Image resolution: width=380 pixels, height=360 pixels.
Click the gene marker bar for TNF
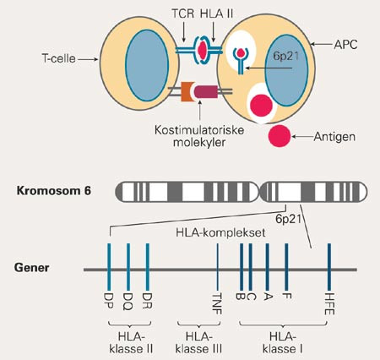218,269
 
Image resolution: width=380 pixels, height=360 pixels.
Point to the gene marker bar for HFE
328,269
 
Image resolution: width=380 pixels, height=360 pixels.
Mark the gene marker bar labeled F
287,269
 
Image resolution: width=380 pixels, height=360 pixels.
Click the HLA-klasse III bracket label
200,340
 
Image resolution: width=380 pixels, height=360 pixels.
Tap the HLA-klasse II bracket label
128,340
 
